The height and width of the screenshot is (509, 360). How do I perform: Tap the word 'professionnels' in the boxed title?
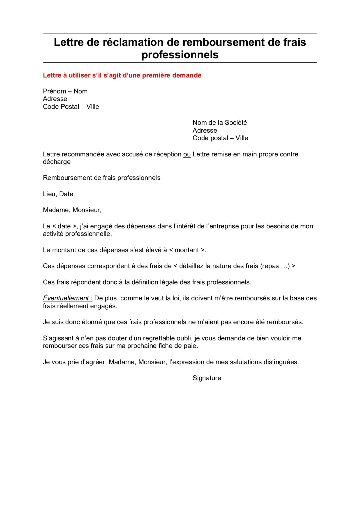pyautogui.click(x=180, y=55)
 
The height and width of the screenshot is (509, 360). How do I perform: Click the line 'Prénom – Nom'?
pyautogui.click(x=65, y=91)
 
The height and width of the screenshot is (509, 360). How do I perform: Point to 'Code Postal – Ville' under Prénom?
pyautogui.click(x=71, y=107)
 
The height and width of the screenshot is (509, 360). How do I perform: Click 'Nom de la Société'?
pyautogui.click(x=220, y=123)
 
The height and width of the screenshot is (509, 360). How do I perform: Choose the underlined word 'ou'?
pyautogui.click(x=187, y=154)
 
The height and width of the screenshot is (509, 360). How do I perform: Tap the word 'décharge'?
pyautogui.click(x=57, y=162)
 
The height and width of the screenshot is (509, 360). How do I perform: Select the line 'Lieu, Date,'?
pyautogui.click(x=59, y=194)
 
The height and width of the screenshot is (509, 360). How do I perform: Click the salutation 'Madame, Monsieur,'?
pyautogui.click(x=72, y=210)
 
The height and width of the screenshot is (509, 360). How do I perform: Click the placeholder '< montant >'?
pyautogui.click(x=187, y=250)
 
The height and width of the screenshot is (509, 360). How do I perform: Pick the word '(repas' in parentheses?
pyautogui.click(x=269, y=266)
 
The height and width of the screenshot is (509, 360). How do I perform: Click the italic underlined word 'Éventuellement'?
pyautogui.click(x=66, y=298)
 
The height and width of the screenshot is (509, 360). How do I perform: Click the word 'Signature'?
pyautogui.click(x=207, y=378)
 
